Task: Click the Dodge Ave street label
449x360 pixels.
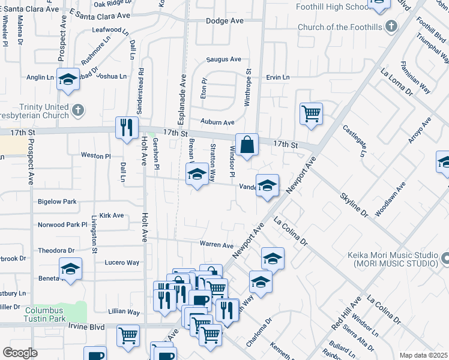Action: click(x=224, y=20)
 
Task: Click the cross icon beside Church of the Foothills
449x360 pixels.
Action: click(x=391, y=26)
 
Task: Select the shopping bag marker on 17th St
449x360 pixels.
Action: click(x=247, y=145)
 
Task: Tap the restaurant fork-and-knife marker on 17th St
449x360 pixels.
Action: click(x=126, y=127)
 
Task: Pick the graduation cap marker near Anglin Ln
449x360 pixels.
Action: click(x=68, y=79)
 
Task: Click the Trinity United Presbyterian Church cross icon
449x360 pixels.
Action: click(x=77, y=110)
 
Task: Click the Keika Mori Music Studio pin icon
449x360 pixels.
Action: click(x=445, y=259)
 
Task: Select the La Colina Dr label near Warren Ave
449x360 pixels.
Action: click(x=291, y=232)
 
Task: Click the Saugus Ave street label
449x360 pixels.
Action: click(x=223, y=59)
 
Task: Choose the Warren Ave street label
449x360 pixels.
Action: click(x=216, y=245)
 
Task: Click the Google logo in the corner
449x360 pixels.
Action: click(x=20, y=353)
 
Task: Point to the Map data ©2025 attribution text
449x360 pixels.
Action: click(x=423, y=355)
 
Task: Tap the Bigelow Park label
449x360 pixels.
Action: click(x=57, y=202)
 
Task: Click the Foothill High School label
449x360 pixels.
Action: click(x=332, y=7)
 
